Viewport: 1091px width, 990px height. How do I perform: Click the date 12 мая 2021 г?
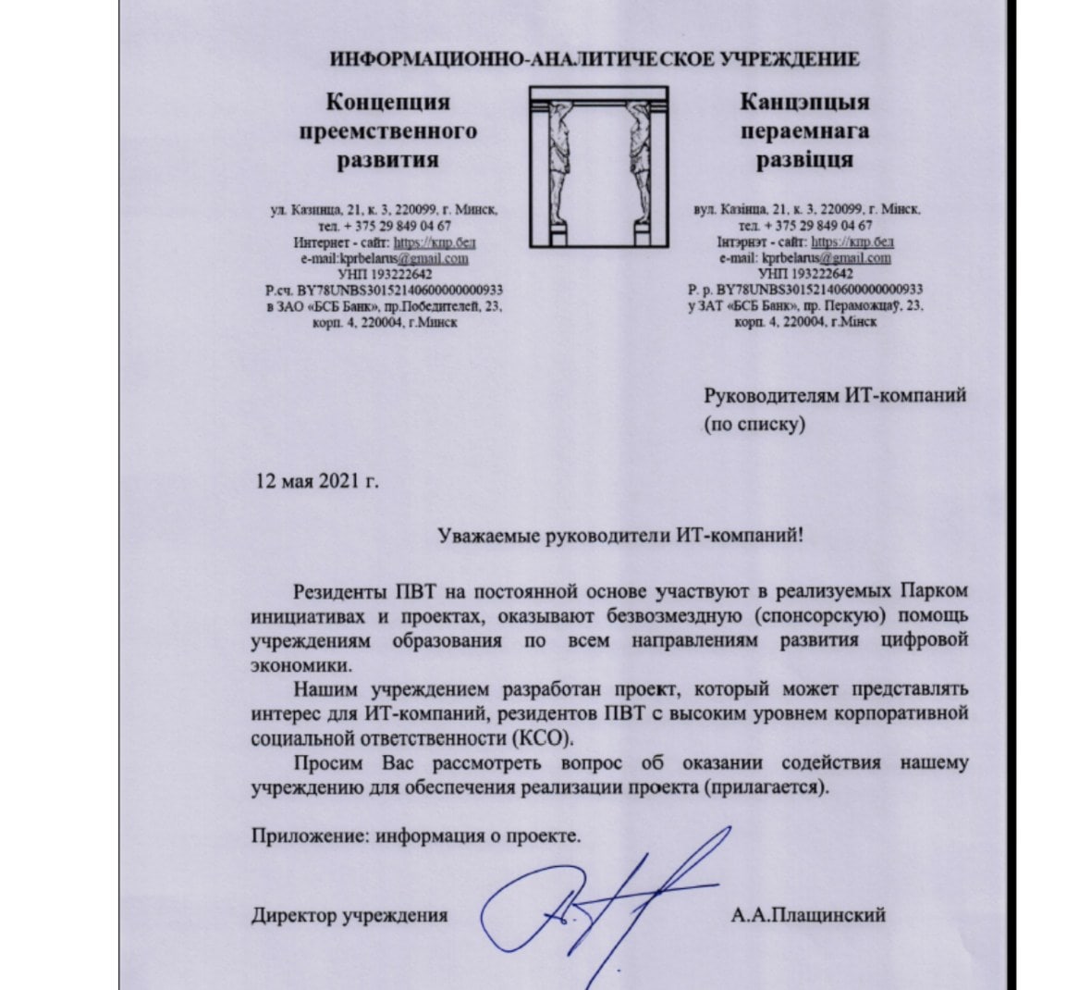(x=317, y=481)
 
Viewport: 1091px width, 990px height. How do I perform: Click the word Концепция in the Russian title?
(x=388, y=102)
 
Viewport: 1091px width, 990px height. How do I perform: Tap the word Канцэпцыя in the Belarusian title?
(x=804, y=102)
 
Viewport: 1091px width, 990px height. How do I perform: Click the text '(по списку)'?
(x=754, y=426)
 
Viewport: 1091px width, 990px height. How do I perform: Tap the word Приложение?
(x=301, y=836)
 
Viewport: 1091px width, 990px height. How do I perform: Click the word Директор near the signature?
(x=293, y=916)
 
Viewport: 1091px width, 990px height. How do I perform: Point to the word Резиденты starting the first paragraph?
(x=338, y=589)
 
